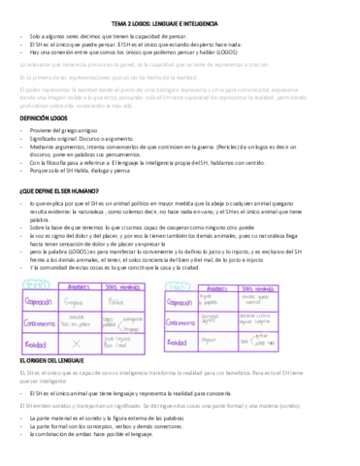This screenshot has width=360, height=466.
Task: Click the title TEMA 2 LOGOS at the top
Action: coord(180,10)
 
